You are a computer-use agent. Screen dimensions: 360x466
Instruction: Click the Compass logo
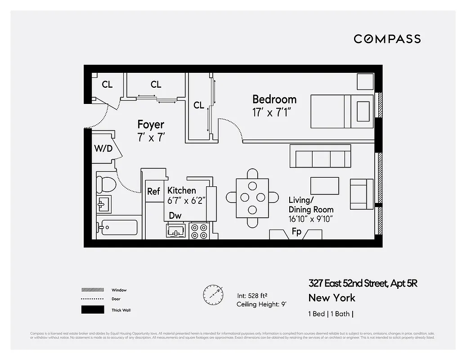tap(387, 39)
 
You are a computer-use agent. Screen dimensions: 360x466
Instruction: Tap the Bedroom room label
tap(274, 99)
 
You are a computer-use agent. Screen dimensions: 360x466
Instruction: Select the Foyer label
tap(151, 124)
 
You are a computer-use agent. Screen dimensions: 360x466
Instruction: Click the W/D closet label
tap(103, 148)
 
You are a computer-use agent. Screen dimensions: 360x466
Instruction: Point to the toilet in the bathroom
tap(106, 184)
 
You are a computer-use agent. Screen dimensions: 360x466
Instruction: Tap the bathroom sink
tap(104, 205)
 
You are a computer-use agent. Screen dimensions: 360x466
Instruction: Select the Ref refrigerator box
tap(154, 191)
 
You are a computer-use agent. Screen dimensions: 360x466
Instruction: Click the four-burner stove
tap(199, 231)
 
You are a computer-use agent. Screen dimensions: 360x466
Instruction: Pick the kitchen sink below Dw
tap(176, 231)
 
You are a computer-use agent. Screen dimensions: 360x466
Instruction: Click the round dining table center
tap(252, 197)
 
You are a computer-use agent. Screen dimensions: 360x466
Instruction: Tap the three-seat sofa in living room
tap(320, 157)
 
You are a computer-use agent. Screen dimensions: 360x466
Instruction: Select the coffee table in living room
tap(324, 185)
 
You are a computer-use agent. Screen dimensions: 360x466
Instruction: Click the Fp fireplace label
tap(296, 232)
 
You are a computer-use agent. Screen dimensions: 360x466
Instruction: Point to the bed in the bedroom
tap(342, 111)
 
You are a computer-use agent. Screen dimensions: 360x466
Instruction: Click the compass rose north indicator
tap(213, 294)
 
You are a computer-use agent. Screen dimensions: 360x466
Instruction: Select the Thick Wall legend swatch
tap(90, 310)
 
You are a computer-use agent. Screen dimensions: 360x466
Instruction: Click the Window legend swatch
tap(90, 290)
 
